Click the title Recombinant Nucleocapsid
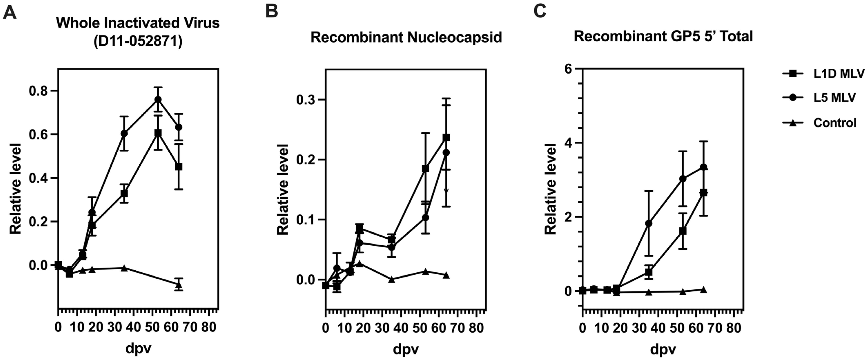pos(406,37)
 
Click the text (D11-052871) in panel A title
pos(138,42)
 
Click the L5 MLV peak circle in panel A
pos(158,99)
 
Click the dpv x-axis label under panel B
pos(406,349)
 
